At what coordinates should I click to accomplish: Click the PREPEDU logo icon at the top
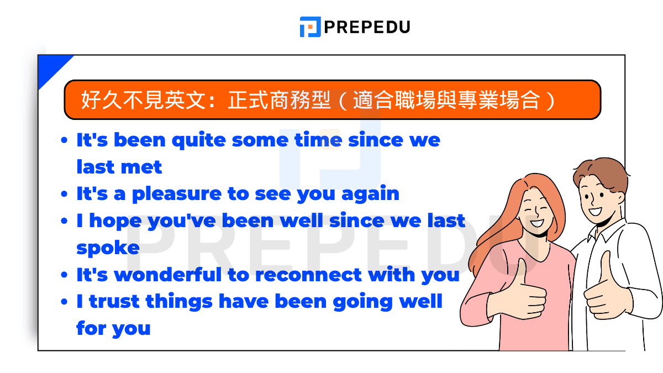[310, 27]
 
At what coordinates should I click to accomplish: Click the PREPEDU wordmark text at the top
[367, 27]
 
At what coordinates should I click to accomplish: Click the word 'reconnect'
[307, 275]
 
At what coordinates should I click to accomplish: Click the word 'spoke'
[108, 248]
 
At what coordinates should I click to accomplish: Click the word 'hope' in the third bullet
[114, 221]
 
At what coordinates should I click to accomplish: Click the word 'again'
[370, 194]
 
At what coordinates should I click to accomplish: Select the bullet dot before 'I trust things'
[65, 302]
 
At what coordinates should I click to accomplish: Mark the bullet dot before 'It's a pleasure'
[65, 195]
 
